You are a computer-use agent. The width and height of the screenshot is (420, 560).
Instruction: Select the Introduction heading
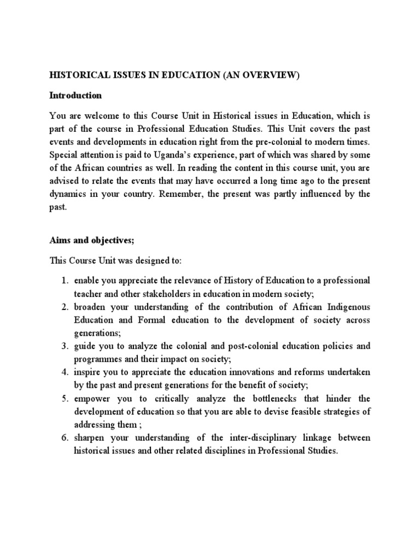click(x=75, y=95)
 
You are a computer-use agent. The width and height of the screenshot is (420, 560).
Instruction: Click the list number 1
click(x=64, y=281)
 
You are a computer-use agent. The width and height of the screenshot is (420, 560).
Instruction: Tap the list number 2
click(x=64, y=307)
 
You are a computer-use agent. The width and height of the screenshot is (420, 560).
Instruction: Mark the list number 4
click(x=64, y=372)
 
